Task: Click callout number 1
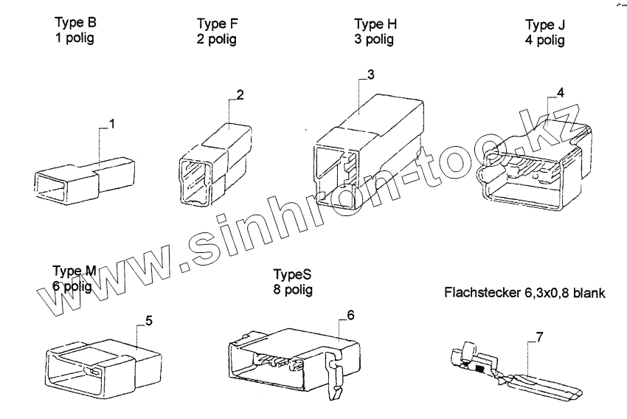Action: pyautogui.click(x=112, y=123)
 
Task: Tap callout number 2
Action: pyautogui.click(x=240, y=94)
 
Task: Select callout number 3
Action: pyautogui.click(x=370, y=75)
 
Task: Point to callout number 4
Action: pyautogui.click(x=561, y=93)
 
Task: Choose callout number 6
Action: pyautogui.click(x=350, y=315)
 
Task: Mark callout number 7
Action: pyautogui.click(x=540, y=338)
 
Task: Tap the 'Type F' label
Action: pyautogui.click(x=217, y=24)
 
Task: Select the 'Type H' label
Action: pyautogui.click(x=375, y=24)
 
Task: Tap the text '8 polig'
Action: pyautogui.click(x=292, y=290)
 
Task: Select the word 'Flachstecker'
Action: pyautogui.click(x=482, y=293)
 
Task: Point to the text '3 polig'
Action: pyautogui.click(x=374, y=39)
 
